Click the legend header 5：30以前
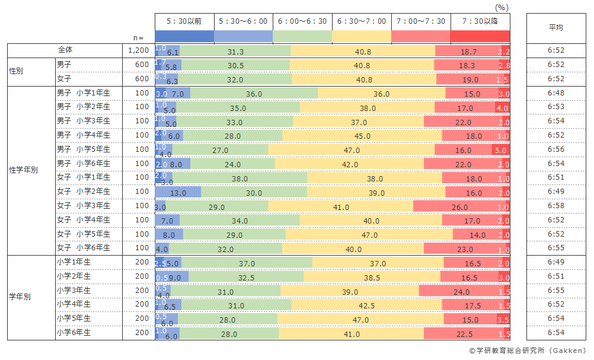click(184, 21)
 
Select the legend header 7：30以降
click(480, 21)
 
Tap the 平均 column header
click(555, 28)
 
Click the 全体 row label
click(65, 50)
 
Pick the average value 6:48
click(555, 93)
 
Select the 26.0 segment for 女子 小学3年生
click(459, 206)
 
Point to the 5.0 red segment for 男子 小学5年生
click(500, 149)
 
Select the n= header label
click(139, 37)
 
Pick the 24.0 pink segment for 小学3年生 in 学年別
click(461, 291)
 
